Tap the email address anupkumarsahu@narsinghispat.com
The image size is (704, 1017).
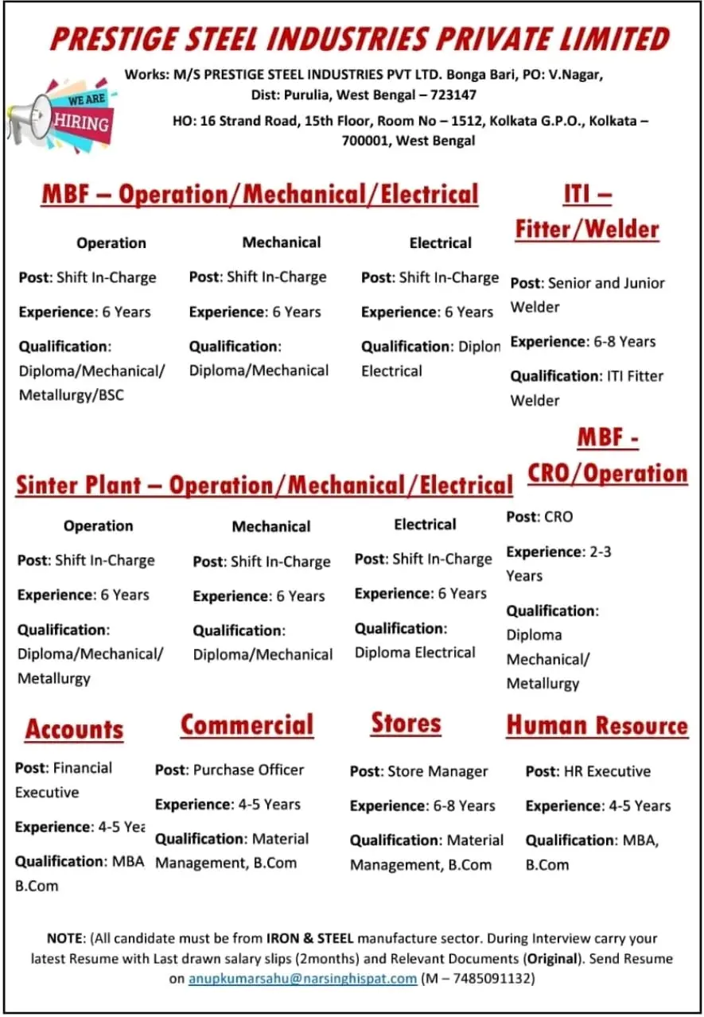pos(302,978)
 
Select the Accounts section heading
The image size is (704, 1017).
pos(74,729)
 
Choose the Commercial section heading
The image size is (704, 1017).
pos(247,725)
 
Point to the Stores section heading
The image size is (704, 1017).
pos(406,724)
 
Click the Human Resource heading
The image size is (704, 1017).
pos(597,725)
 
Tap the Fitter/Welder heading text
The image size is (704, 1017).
pos(587,230)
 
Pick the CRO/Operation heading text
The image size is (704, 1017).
pos(607,473)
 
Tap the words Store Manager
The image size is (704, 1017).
pos(438,771)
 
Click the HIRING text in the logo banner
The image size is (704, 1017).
pos(81,122)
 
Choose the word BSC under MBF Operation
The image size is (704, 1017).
pos(111,394)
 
